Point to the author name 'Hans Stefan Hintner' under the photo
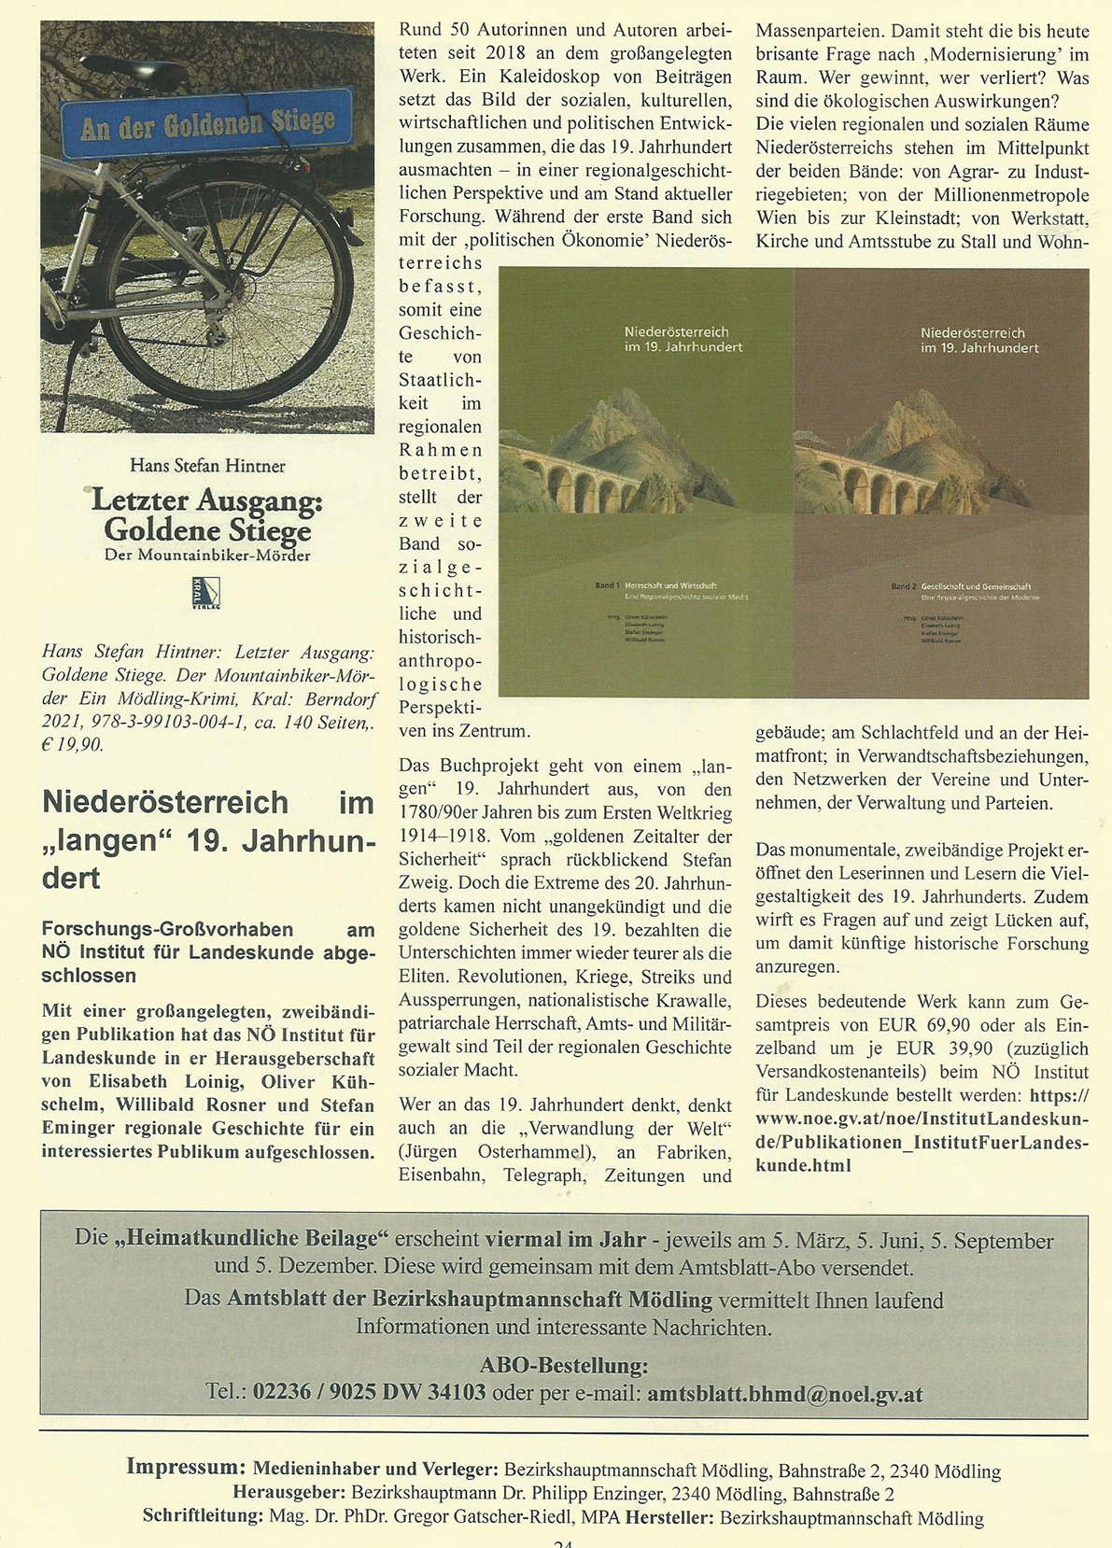(x=207, y=465)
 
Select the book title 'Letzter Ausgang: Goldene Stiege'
(x=207, y=516)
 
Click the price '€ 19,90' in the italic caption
(x=74, y=745)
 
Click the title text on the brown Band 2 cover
(x=978, y=340)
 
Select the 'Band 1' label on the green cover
(x=606, y=585)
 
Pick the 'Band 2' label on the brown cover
(x=903, y=587)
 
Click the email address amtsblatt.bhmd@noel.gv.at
(x=784, y=1394)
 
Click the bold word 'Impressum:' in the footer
(x=187, y=1466)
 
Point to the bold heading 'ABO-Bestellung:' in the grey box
(x=563, y=1365)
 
